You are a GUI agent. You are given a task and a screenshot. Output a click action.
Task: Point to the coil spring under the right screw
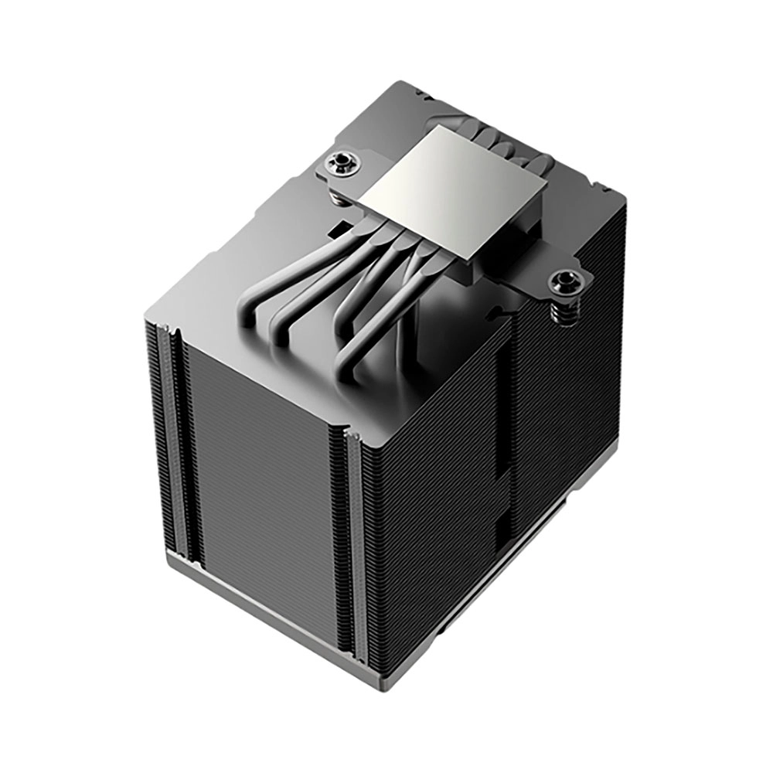click(x=564, y=310)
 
